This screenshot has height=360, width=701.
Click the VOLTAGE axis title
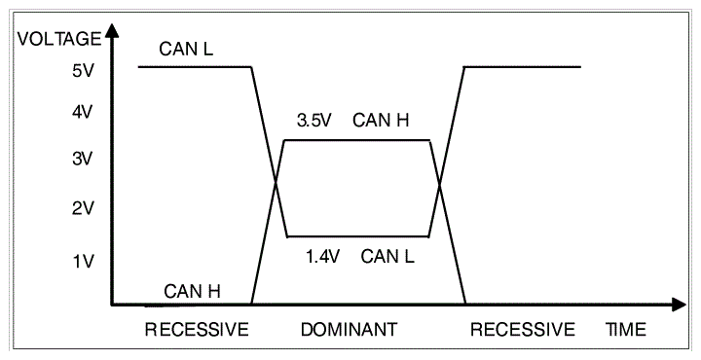point(59,39)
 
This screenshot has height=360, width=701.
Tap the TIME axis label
point(626,330)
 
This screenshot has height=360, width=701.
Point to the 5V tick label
point(82,71)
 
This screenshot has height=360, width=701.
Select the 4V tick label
point(82,112)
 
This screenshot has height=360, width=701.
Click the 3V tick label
point(82,159)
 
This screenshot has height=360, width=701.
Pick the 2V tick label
point(82,208)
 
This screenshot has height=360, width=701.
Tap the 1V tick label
point(83,261)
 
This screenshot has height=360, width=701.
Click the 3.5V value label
point(314,121)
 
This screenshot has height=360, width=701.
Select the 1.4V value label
point(323,257)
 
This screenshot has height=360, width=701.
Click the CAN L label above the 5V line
point(186,49)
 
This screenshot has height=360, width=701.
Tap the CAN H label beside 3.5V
point(381,121)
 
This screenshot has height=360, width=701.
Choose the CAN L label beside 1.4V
point(387,257)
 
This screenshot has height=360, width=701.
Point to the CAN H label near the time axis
point(192,292)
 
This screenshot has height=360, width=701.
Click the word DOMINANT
point(349,330)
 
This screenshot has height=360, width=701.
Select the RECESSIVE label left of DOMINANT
point(197,330)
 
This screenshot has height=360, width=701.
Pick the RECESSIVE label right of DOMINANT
point(523,330)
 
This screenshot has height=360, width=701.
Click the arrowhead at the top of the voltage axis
point(113,29)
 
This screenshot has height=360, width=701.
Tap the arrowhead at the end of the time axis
point(679,306)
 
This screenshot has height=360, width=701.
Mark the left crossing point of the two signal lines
point(276,182)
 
